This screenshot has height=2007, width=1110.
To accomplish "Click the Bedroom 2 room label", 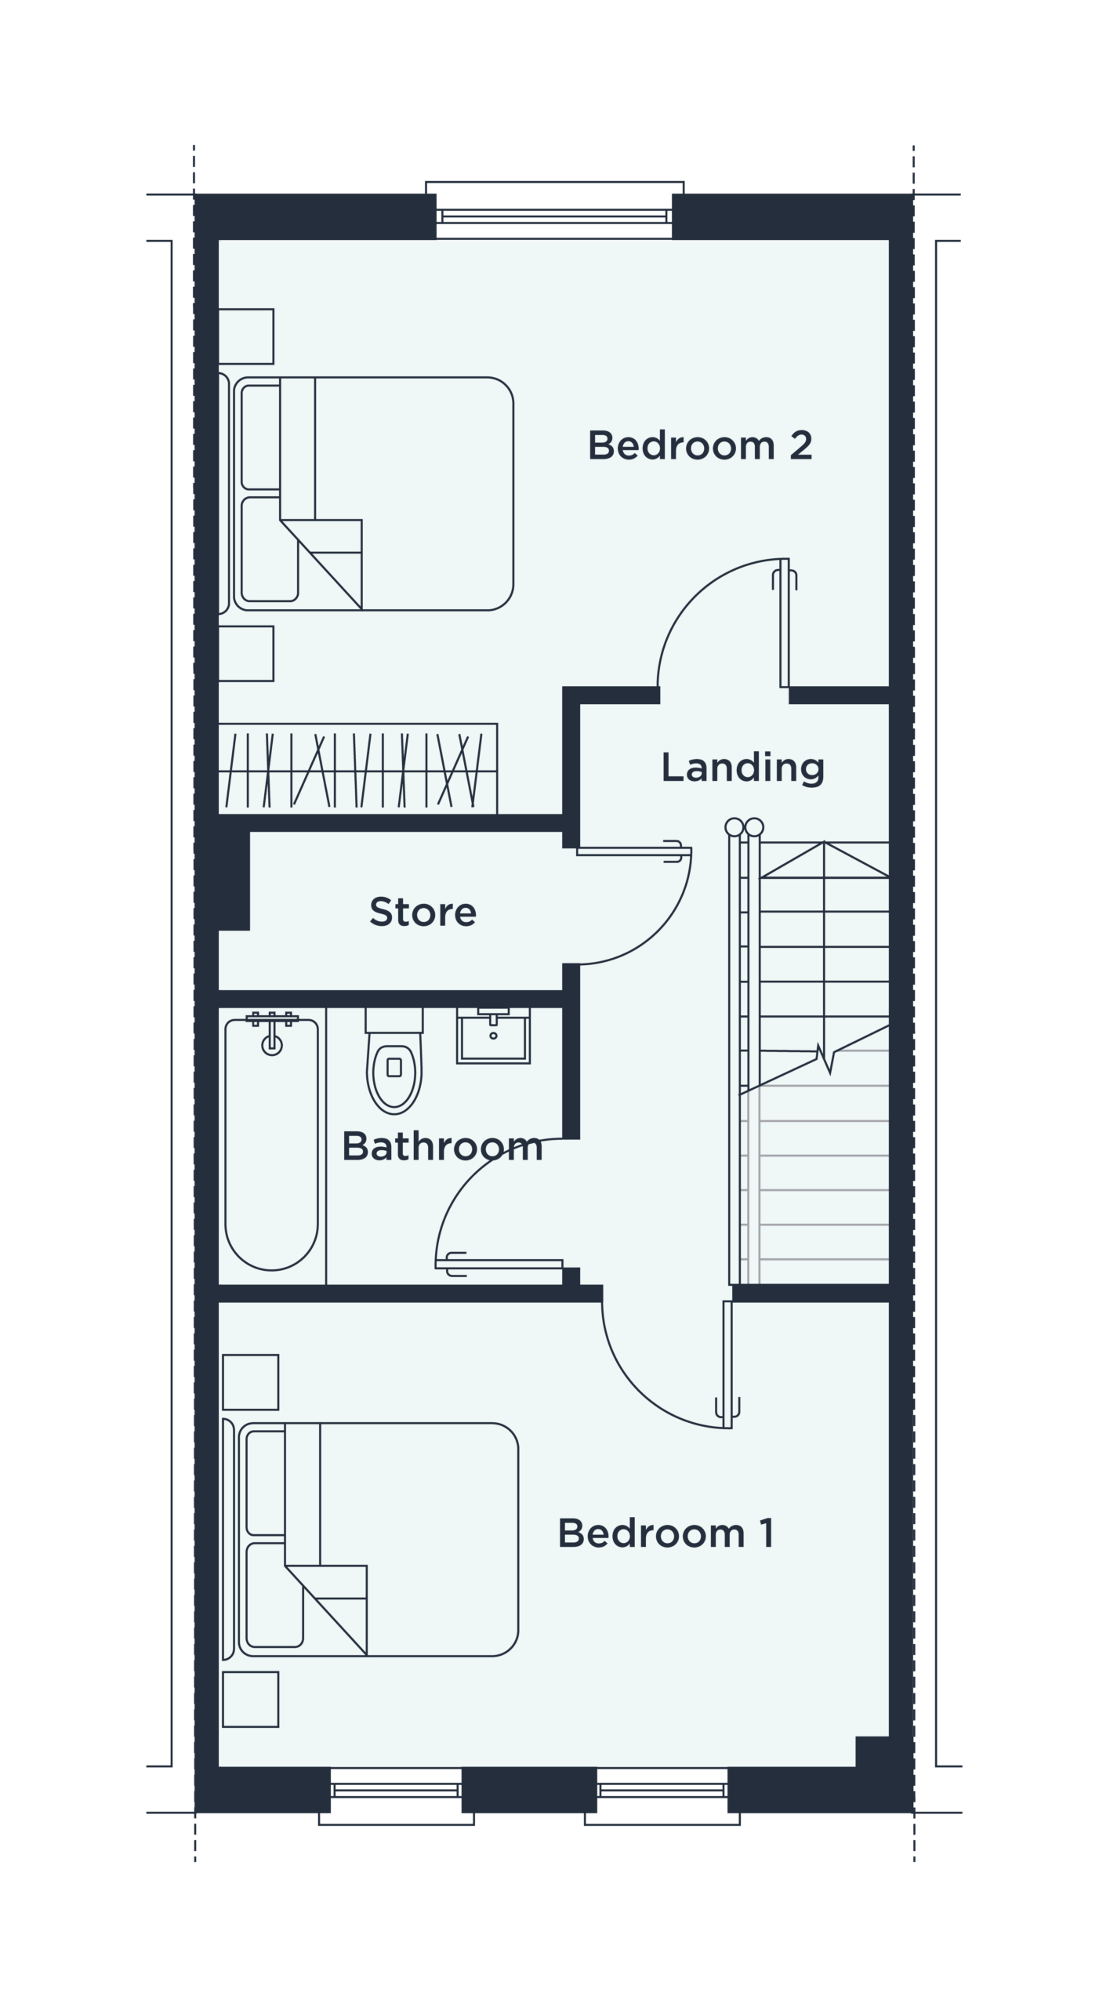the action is pos(700,445).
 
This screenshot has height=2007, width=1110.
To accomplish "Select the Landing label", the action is pos(743,768).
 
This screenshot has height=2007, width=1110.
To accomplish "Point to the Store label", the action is pos(423,911).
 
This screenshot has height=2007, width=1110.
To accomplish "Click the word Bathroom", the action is pos(443,1146).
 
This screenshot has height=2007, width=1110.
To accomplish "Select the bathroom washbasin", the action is pos(494,1035).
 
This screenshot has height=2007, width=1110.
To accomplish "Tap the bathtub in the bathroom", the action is pos(271,1145).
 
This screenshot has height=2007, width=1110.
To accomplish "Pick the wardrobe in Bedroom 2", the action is pos(357,769).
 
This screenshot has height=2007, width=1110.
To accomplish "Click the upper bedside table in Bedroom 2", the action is pos(245,336).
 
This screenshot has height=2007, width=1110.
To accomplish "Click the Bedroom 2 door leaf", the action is pos(785,623).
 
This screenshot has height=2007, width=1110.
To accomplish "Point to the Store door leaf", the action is pos(634,851).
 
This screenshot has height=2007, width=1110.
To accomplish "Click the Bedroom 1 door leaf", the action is pos(727,1365).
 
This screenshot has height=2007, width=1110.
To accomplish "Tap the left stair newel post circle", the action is pos(735,827).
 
